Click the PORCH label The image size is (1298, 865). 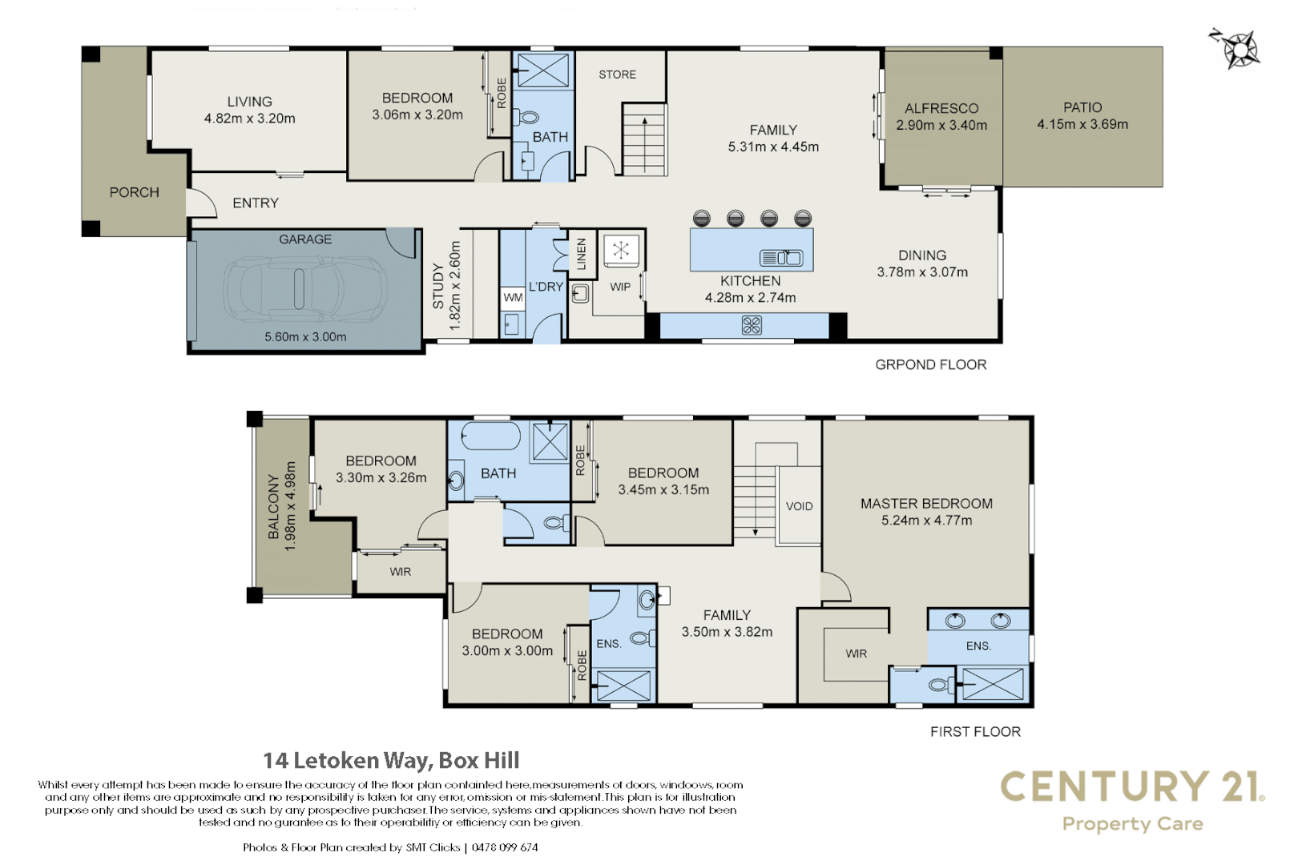[x=134, y=192]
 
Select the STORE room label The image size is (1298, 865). [x=617, y=74]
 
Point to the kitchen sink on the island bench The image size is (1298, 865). [x=781, y=258]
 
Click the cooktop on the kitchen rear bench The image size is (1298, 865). [x=752, y=325]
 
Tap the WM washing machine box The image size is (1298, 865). [x=513, y=297]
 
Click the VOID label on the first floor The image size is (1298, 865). [x=799, y=506]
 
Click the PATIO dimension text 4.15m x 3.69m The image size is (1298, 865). [x=1082, y=125]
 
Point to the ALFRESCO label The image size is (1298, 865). [x=941, y=108]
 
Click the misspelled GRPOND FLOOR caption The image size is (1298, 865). [x=930, y=364]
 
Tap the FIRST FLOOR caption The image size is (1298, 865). [x=975, y=731]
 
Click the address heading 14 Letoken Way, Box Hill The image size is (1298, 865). [x=391, y=760]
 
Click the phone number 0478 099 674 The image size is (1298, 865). [x=505, y=847]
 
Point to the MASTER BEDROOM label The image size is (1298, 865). [x=926, y=504]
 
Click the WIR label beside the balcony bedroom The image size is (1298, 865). [x=400, y=572]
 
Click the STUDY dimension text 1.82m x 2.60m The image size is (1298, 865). [x=455, y=286]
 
